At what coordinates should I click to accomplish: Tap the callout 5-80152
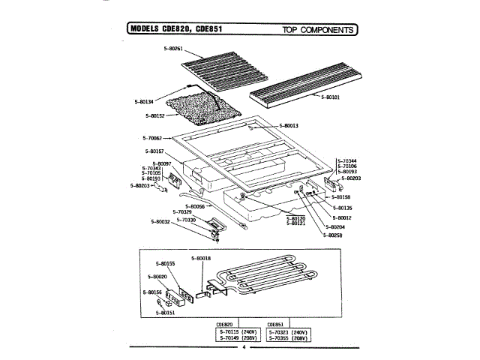(x=155, y=115)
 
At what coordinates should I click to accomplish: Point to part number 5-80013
(x=289, y=125)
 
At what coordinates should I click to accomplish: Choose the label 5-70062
(x=151, y=138)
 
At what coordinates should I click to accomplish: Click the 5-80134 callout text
(x=144, y=100)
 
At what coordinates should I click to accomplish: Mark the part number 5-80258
(x=334, y=235)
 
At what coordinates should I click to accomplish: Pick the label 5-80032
(x=160, y=222)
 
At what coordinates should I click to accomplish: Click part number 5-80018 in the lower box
(x=201, y=258)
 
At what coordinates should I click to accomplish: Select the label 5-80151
(x=166, y=313)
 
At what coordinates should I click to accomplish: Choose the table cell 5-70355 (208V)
(x=289, y=337)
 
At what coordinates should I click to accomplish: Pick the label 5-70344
(x=346, y=161)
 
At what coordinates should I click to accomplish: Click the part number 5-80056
(x=193, y=205)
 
